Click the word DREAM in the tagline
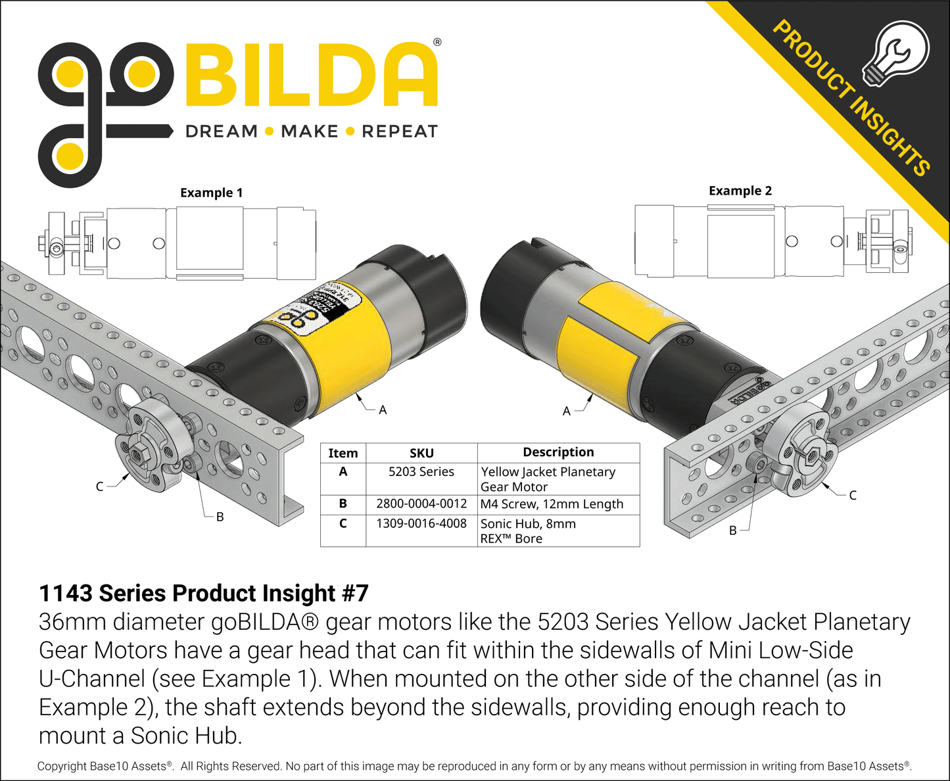222,131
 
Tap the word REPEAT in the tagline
399,131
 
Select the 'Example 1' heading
211,193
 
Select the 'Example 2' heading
740,191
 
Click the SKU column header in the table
421,453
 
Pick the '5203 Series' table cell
421,471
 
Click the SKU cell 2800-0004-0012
421,504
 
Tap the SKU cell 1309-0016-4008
421,523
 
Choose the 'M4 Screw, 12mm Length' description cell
552,504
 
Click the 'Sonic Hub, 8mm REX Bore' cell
528,531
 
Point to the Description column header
558,452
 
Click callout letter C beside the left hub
100,486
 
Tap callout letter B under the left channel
220,517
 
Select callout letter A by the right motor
566,412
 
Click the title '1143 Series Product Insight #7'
203,593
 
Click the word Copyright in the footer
62,766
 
